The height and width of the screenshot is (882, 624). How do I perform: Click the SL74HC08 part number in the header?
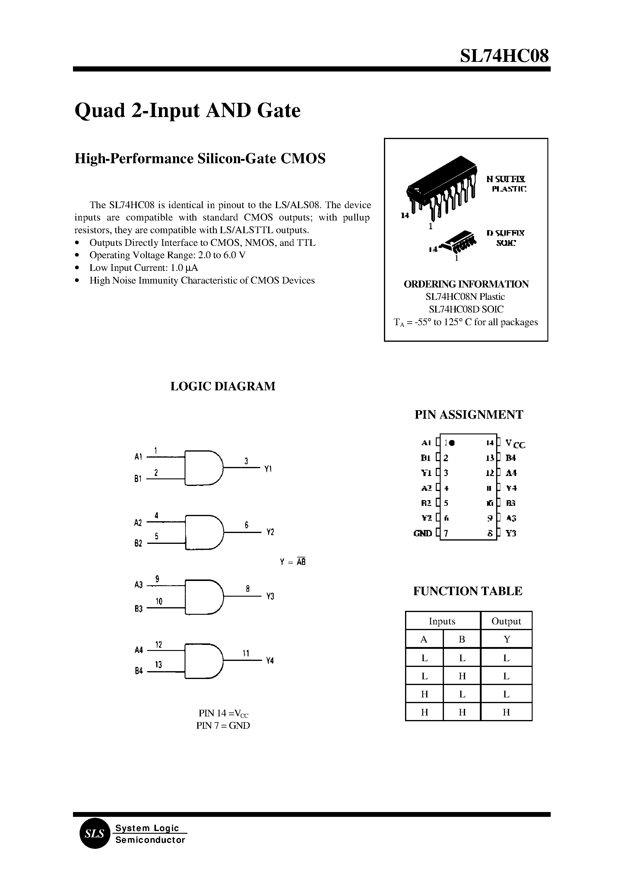tap(504, 56)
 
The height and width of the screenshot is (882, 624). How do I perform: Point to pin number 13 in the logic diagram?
tap(158, 665)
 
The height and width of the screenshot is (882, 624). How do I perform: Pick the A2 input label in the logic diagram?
tap(138, 523)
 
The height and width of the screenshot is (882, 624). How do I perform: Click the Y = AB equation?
tap(293, 562)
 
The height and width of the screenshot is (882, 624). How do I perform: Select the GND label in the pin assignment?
tap(422, 533)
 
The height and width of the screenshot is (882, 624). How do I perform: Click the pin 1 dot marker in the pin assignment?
tap(452, 443)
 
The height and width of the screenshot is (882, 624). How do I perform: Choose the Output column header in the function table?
tap(506, 621)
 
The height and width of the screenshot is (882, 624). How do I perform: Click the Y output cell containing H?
tap(506, 712)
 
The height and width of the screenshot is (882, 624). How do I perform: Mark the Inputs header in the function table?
tap(442, 621)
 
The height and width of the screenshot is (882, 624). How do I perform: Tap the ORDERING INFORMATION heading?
tap(466, 284)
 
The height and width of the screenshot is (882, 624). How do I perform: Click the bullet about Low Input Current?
tap(143, 268)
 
